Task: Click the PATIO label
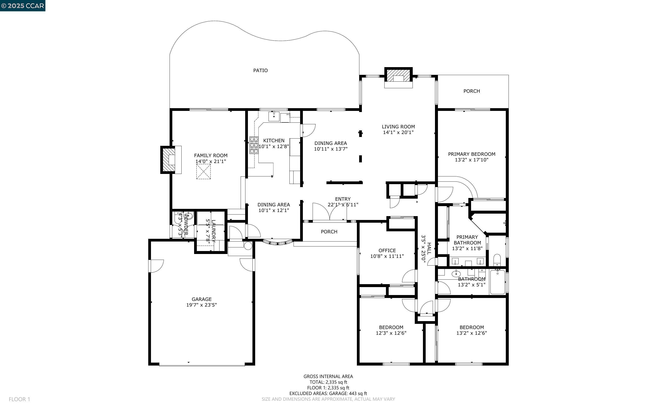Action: (x=260, y=71)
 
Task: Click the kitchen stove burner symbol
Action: (x=254, y=145)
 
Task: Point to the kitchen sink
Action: (x=274, y=116)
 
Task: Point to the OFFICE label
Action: (x=387, y=250)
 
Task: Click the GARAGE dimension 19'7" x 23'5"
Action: (x=201, y=305)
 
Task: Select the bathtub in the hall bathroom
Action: (x=497, y=282)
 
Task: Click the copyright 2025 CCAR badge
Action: (x=22, y=6)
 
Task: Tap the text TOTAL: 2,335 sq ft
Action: (x=328, y=382)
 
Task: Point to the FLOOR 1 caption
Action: (x=19, y=399)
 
